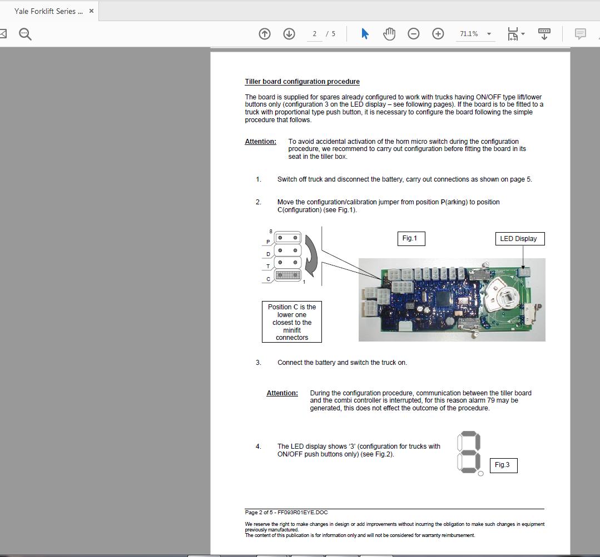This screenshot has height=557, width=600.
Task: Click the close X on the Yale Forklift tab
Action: point(91,11)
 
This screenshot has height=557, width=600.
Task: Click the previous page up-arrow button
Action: point(265,34)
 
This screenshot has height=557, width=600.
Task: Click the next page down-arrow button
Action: point(289,34)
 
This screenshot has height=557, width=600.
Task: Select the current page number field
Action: point(315,34)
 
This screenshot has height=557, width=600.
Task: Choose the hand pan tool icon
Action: point(389,34)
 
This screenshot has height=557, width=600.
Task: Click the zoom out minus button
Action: point(413,34)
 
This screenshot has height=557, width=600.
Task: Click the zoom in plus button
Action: point(438,34)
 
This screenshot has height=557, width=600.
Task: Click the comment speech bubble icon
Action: point(580,34)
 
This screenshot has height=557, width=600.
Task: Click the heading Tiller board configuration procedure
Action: point(302,82)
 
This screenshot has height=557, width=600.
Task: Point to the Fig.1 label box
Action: point(410,238)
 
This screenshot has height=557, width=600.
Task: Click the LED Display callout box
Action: point(518,239)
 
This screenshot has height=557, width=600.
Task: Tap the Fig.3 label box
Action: point(503,465)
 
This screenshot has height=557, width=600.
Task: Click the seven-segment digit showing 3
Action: point(469,452)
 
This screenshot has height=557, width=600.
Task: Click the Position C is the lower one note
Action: point(291,322)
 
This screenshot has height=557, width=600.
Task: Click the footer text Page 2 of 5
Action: point(286,513)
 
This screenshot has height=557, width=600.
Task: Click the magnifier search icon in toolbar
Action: point(25,34)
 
